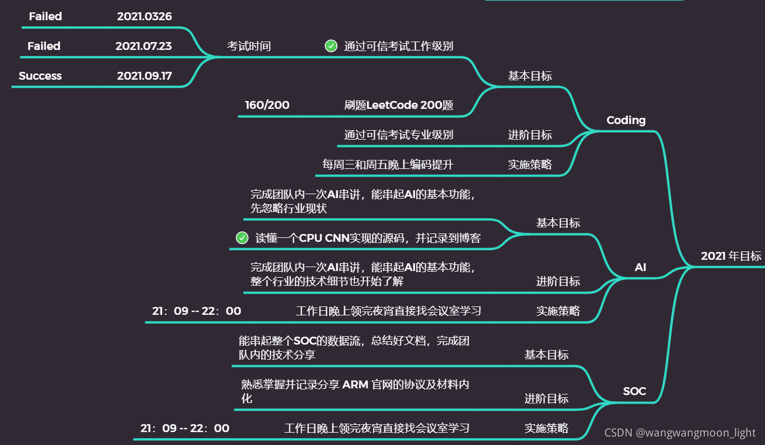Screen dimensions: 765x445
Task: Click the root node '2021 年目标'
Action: (731, 256)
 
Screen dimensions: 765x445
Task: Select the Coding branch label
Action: (626, 120)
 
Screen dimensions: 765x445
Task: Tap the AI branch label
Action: (640, 267)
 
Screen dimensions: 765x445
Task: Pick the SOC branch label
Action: (634, 391)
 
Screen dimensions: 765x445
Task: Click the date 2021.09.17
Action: (144, 76)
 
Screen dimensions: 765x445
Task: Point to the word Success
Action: (40, 76)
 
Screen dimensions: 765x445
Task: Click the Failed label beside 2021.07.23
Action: (44, 46)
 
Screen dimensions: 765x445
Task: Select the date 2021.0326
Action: (144, 17)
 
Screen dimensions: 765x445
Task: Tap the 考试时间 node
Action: (248, 46)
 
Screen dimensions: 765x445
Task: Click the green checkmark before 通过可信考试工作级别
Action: (331, 46)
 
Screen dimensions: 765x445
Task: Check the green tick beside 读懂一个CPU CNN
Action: (242, 238)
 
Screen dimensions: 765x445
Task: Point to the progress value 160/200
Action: (267, 105)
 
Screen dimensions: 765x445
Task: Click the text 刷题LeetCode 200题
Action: (398, 105)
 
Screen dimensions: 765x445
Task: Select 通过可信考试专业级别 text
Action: (398, 135)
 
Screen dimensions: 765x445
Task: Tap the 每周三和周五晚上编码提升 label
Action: (388, 164)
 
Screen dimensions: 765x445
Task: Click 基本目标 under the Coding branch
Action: (530, 76)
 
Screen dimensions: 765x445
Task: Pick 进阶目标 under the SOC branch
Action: (546, 398)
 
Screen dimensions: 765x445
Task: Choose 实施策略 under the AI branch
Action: (558, 310)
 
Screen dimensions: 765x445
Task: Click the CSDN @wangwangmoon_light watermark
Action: (680, 433)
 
